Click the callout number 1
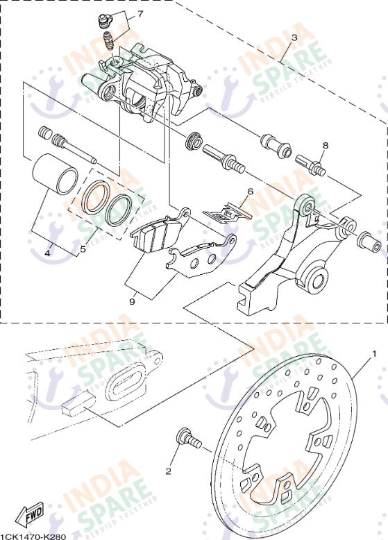[374, 354]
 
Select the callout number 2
[168, 471]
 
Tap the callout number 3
[294, 38]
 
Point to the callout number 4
[47, 253]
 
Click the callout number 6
[251, 192]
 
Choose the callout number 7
[140, 14]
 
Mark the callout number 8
[324, 145]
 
